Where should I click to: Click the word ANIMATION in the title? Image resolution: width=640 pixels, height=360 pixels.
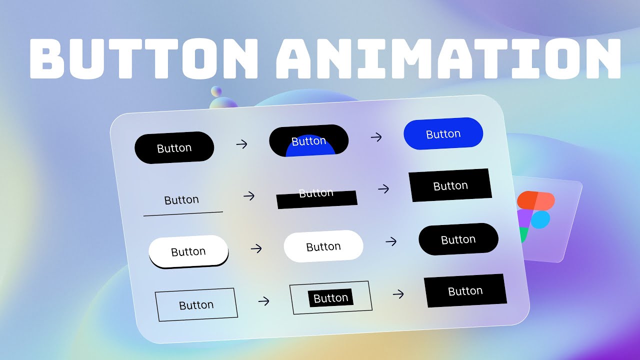[x=447, y=57]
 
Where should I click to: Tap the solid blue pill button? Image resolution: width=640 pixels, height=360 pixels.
[x=443, y=133]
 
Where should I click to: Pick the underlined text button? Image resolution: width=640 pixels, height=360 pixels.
[x=181, y=200]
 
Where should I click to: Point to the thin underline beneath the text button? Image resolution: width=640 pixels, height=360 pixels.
[x=183, y=214]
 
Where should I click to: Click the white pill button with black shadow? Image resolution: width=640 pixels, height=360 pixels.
[x=188, y=251]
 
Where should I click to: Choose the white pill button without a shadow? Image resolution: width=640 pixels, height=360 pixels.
[x=323, y=246]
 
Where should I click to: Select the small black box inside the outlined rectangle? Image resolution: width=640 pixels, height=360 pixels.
[x=330, y=298]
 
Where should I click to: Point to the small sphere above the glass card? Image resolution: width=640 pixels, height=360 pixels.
[x=216, y=91]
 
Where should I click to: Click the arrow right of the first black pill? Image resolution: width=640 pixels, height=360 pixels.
[x=241, y=144]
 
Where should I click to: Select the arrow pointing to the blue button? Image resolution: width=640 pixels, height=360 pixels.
[x=376, y=137]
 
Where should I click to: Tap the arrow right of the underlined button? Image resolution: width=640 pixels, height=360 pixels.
[x=248, y=195]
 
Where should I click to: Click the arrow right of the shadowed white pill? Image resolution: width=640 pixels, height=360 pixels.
[x=256, y=248]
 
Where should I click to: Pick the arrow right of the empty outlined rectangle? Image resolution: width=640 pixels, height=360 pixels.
[x=263, y=301]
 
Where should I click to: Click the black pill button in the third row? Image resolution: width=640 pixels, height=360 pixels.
[x=458, y=239]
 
